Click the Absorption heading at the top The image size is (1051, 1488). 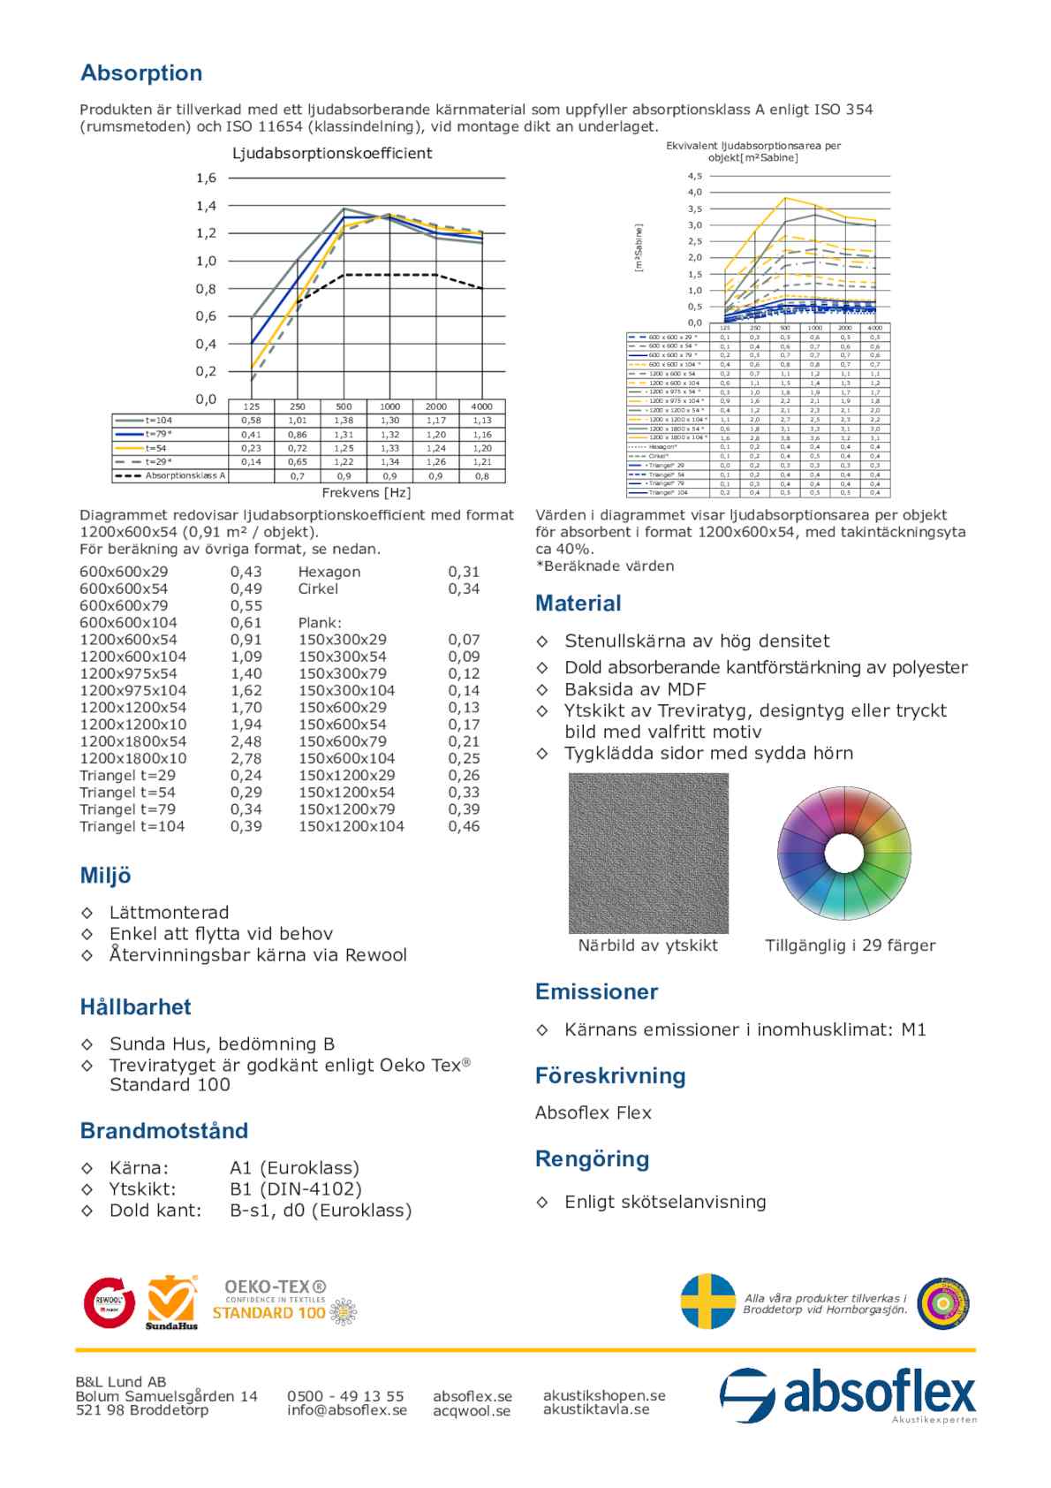pos(141,73)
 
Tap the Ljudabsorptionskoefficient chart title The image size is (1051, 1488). pos(331,154)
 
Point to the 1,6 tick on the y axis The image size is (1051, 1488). pos(206,178)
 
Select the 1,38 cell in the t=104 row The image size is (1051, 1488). pos(344,421)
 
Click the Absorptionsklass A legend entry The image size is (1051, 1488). pos(185,475)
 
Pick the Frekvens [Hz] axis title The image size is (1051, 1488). pos(366,493)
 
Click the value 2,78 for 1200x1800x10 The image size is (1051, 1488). pos(246,758)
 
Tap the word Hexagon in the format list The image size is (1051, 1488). pos(329,572)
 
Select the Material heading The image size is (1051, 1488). pos(578,604)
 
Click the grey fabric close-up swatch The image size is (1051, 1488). pos(648,853)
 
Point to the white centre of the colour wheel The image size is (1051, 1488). pos(843,854)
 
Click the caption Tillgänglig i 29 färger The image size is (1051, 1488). pos(850,945)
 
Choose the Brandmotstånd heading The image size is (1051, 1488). pos(163,1131)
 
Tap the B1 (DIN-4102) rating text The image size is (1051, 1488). pos(295,1189)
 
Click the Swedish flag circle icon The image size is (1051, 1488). pos(708,1301)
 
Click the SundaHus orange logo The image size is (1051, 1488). pos(171,1302)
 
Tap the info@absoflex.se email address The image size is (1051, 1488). pos(346,1410)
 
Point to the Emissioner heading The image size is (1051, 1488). pos(596,992)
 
